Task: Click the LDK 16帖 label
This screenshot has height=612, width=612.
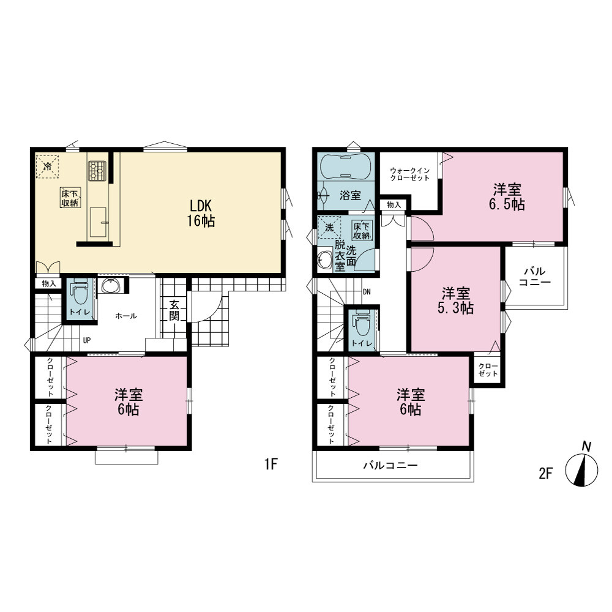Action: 201,213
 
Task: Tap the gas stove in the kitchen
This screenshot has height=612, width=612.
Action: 97,171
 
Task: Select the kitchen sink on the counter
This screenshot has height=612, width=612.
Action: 98,222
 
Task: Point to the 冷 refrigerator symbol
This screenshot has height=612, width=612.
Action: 47,166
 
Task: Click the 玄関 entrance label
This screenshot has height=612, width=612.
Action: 174,310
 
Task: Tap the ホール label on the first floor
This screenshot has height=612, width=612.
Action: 125,316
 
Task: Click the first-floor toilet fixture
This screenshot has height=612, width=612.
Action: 79,291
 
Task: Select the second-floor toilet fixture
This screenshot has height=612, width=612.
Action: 362,323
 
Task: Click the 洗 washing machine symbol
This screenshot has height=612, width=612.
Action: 329,227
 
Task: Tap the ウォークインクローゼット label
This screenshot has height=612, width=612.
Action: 410,174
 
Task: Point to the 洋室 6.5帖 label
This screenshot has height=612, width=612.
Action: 507,197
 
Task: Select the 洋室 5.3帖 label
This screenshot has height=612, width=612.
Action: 455,300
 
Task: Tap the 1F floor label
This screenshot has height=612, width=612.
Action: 271,464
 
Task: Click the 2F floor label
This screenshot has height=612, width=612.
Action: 546,474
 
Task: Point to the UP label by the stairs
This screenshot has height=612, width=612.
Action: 87,340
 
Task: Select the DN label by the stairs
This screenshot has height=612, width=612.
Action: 367,292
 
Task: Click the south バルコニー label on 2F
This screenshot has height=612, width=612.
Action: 390,465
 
